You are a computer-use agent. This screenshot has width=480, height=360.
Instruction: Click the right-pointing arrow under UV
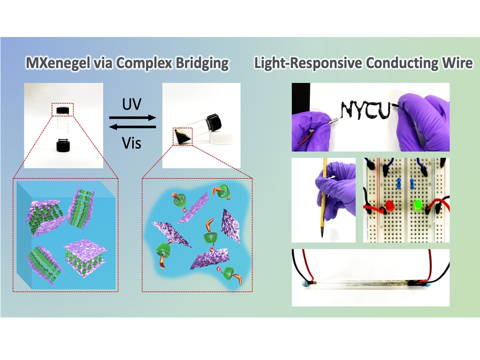pos(132,118)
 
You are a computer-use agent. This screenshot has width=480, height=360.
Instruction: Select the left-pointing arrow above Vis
pos(132,129)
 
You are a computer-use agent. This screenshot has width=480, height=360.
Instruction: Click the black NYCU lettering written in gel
pos(364,110)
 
